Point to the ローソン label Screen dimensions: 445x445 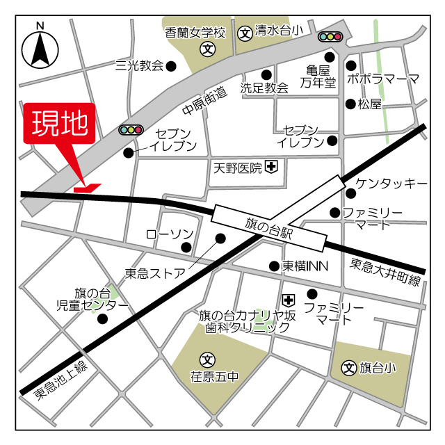tap(169, 234)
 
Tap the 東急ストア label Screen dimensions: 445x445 tap(155, 273)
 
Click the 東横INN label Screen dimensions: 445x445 tap(305, 266)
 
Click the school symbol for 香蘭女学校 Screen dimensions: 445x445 tap(207, 49)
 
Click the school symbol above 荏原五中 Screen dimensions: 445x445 tap(207, 359)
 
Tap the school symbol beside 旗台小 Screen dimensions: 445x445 tap(349, 367)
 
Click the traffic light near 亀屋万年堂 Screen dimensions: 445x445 tap(330, 37)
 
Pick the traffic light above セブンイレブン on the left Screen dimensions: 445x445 tap(131, 129)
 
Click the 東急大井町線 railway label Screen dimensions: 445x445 tap(386, 272)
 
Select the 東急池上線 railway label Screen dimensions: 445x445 tap(61, 381)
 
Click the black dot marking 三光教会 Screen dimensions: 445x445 tap(171, 66)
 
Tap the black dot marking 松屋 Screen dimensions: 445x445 tap(350, 104)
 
